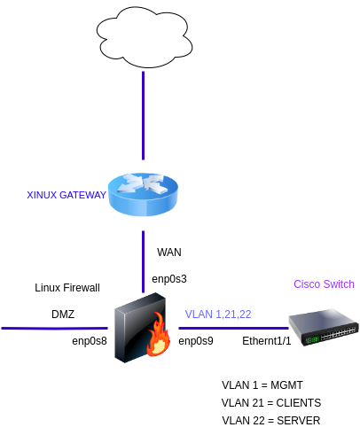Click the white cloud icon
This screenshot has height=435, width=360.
point(144,36)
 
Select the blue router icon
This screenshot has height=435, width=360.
point(143,194)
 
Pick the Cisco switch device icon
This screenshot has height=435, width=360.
point(323,328)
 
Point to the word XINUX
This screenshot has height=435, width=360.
point(42,195)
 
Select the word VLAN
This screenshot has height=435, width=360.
point(199,315)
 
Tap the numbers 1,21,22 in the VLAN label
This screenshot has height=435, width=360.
point(234,315)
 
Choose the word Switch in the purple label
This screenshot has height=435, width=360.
point(339,284)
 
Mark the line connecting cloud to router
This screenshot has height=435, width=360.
point(143,115)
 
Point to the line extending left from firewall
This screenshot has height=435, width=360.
point(53,329)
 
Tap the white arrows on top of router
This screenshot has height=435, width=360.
point(143,184)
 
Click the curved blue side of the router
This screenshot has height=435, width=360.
point(143,206)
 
